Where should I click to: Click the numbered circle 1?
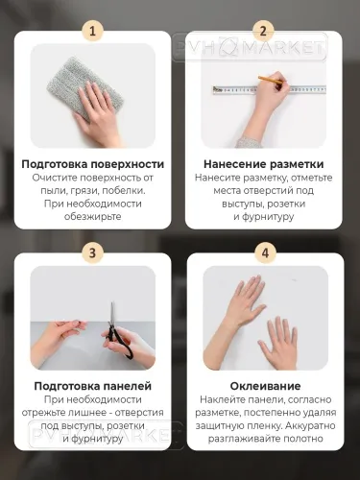pyautogui.click(x=93, y=31)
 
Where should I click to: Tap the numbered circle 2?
pyautogui.click(x=265, y=31)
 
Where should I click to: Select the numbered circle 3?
pyautogui.click(x=93, y=253)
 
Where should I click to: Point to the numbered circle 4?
pyautogui.click(x=265, y=253)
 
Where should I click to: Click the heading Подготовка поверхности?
pyautogui.click(x=93, y=164)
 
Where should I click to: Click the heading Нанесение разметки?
pyautogui.click(x=265, y=164)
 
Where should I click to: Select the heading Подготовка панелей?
pyautogui.click(x=93, y=386)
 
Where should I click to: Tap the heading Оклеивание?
pyautogui.click(x=265, y=386)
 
